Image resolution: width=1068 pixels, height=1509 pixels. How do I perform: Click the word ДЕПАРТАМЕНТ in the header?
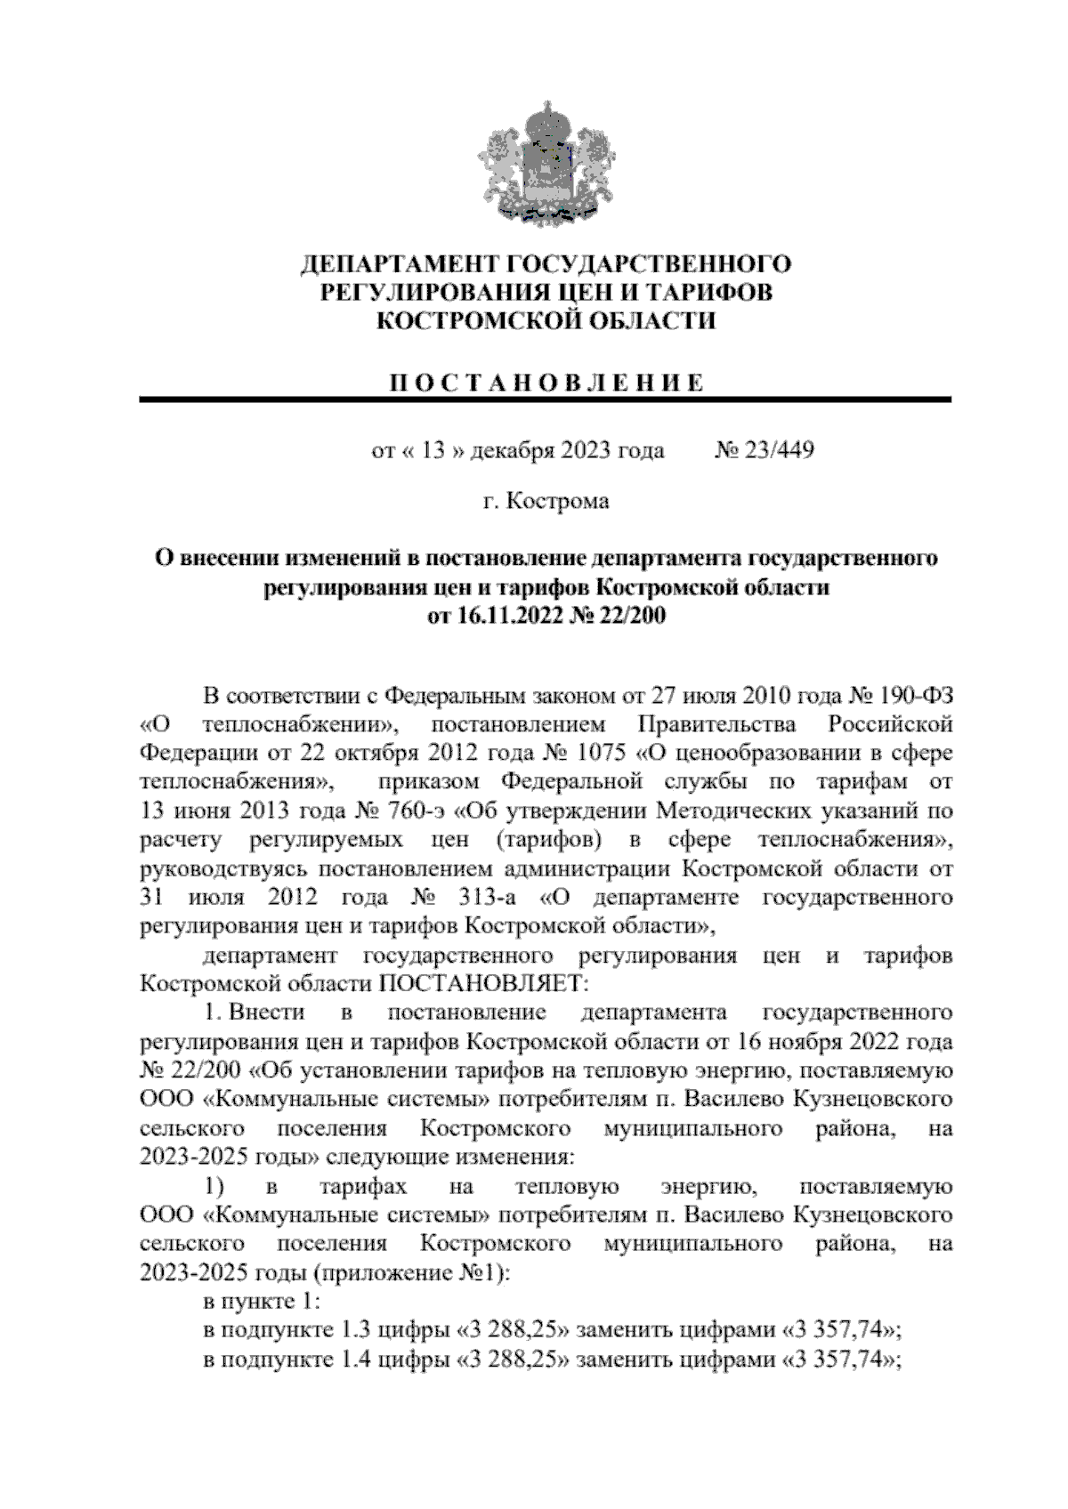pyautogui.click(x=400, y=265)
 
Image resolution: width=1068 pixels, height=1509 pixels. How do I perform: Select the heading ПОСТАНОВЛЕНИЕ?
pyautogui.click(x=546, y=383)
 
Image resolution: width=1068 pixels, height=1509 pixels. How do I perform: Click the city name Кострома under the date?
pyautogui.click(x=558, y=501)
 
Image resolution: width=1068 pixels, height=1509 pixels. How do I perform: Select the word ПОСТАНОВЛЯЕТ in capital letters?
pyautogui.click(x=484, y=984)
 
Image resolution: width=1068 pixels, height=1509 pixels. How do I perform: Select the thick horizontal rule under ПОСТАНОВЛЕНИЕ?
pyautogui.click(x=546, y=401)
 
